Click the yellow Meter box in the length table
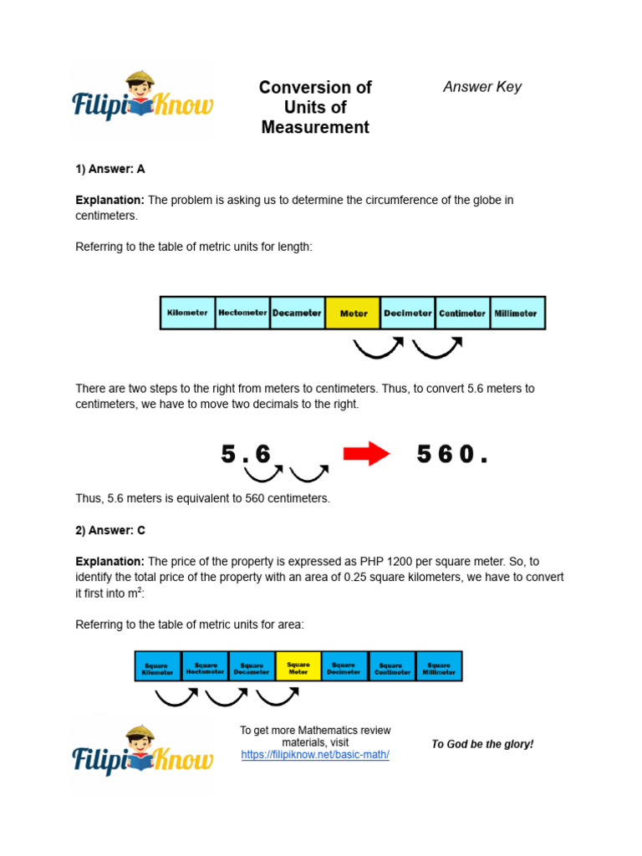point(353,313)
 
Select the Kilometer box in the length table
point(187,313)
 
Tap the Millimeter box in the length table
point(517,313)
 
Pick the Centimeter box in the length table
point(462,313)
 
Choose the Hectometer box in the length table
point(242,313)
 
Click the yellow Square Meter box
point(298,666)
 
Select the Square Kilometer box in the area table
point(158,666)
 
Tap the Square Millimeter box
point(439,666)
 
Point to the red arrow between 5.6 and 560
point(366,455)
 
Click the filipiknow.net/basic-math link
point(315,754)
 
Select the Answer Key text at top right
point(482,87)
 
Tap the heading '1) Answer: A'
point(110,169)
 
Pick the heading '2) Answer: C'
point(110,531)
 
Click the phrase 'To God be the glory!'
point(482,744)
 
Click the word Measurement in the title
point(315,128)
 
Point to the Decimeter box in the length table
point(408,313)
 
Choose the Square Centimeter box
point(392,666)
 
